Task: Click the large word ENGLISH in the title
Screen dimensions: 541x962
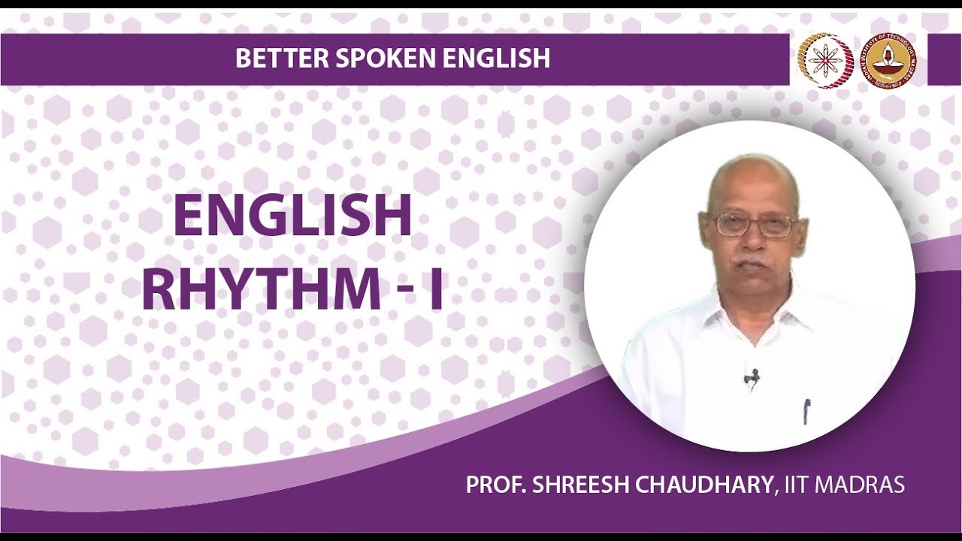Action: coord(292,216)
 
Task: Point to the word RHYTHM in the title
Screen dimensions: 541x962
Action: coord(261,290)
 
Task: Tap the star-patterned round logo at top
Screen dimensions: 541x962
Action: coord(825,61)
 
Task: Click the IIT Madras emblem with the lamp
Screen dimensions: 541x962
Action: coord(888,61)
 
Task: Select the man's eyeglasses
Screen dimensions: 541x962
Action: coord(753,224)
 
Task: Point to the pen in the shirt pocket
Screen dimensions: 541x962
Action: coord(806,410)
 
